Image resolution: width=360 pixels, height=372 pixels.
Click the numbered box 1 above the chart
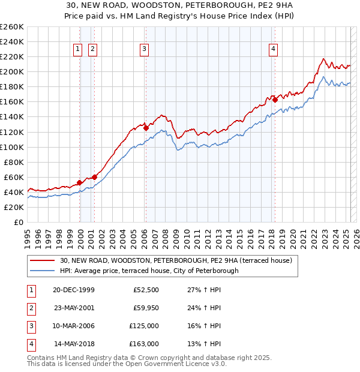pos(78,50)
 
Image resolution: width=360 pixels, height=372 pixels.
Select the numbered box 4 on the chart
pos(273,50)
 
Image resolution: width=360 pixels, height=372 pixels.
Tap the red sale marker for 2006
pos(146,128)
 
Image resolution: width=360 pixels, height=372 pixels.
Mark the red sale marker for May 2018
pos(275,100)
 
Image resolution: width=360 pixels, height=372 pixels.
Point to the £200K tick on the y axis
pos(12,71)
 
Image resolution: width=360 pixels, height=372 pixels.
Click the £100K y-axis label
pos(12,147)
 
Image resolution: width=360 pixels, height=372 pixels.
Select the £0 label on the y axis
pos(18,222)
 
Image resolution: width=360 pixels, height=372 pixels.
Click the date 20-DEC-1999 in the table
pos(74,290)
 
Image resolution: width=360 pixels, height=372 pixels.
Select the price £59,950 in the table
pos(146,308)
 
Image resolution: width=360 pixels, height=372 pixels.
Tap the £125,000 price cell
pos(145,326)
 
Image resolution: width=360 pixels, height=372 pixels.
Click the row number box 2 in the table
pos(31,308)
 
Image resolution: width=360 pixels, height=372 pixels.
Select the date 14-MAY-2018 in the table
pos(74,344)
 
